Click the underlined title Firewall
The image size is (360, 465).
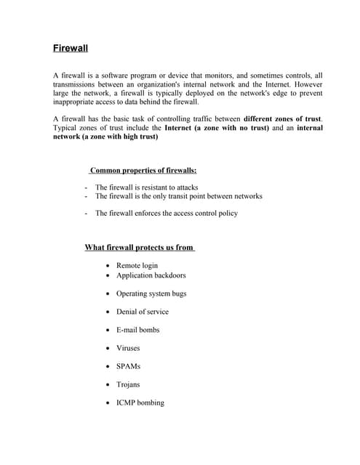pos(71,49)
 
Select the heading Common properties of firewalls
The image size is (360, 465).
pos(143,171)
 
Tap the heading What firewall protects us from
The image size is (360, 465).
pos(139,247)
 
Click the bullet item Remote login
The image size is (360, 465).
pos(137,265)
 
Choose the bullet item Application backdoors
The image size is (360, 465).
pos(151,275)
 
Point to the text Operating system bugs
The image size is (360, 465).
pos(151,294)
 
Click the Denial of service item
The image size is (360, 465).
pos(142,312)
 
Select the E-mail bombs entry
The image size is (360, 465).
pos(137,330)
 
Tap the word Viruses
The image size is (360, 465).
pos(128,348)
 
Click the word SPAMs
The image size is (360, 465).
pos(128,366)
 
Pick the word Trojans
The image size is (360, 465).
pos(128,384)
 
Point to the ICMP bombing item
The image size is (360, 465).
pos(140,403)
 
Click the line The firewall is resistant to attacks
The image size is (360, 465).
pos(146,187)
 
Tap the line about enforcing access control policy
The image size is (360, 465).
pos(166,213)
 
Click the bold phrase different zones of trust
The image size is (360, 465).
pos(283,118)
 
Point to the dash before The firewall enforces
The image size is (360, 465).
pos(87,214)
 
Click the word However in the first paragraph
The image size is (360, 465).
pos(308,84)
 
